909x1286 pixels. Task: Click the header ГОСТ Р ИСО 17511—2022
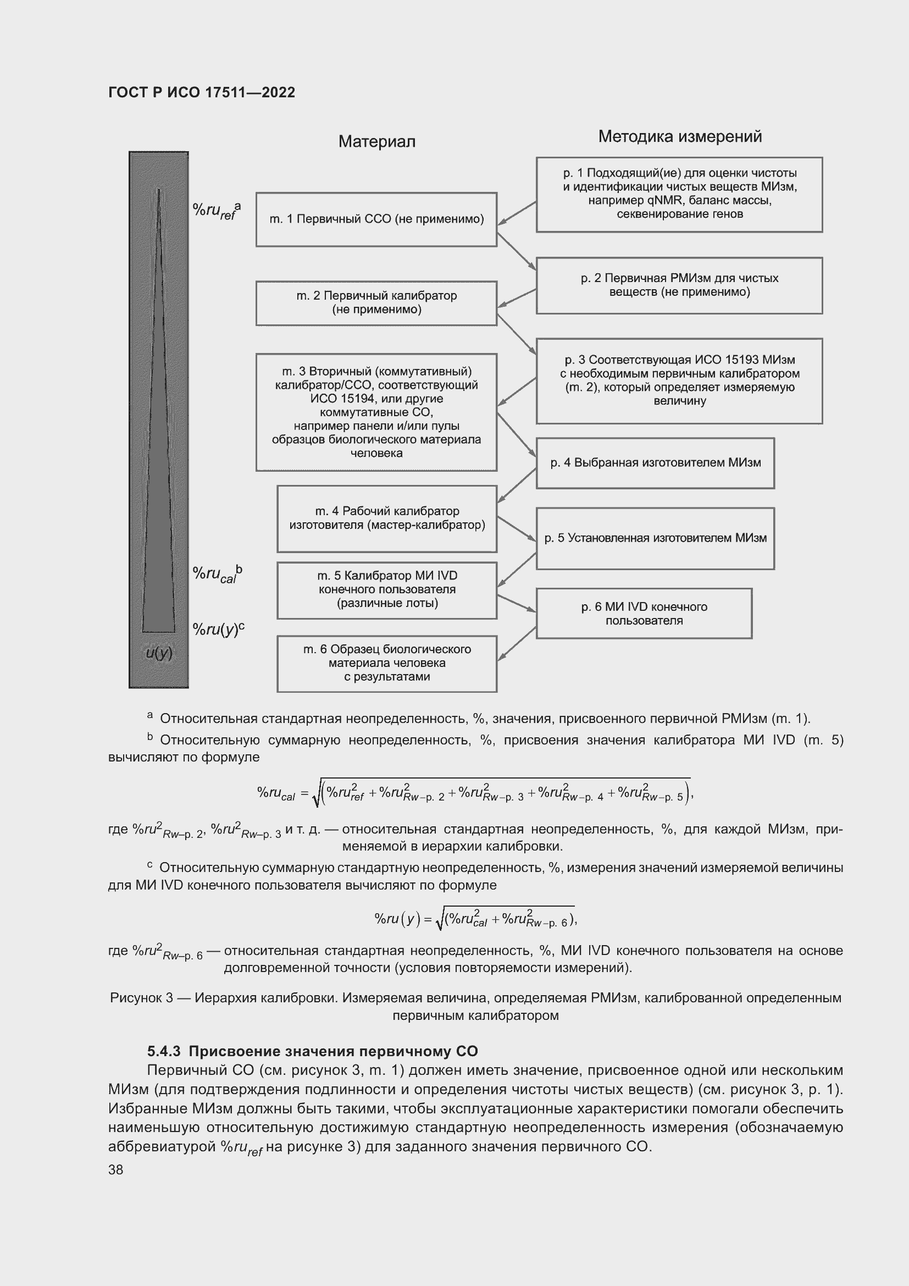(202, 92)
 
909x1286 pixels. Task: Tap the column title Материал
(376, 142)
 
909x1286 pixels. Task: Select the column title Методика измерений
(679, 137)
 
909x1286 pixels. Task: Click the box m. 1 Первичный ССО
(376, 219)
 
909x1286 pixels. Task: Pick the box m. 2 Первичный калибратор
(376, 303)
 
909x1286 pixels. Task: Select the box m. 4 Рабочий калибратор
(387, 518)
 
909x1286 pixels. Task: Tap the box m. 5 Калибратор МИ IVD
(387, 590)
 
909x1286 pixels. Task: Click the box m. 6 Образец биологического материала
(387, 664)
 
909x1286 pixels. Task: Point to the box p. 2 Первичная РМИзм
(679, 286)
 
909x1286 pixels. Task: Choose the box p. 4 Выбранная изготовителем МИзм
(655, 463)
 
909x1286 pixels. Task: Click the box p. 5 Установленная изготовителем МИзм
(655, 538)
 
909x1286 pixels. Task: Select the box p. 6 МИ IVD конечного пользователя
(644, 614)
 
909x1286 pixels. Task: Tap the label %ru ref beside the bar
(216, 211)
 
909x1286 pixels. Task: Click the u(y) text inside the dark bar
(158, 653)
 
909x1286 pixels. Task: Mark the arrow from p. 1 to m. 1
(517, 213)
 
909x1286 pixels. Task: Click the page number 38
(116, 1169)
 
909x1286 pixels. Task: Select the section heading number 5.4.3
(163, 1051)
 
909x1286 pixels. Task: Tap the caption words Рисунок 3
(141, 998)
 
